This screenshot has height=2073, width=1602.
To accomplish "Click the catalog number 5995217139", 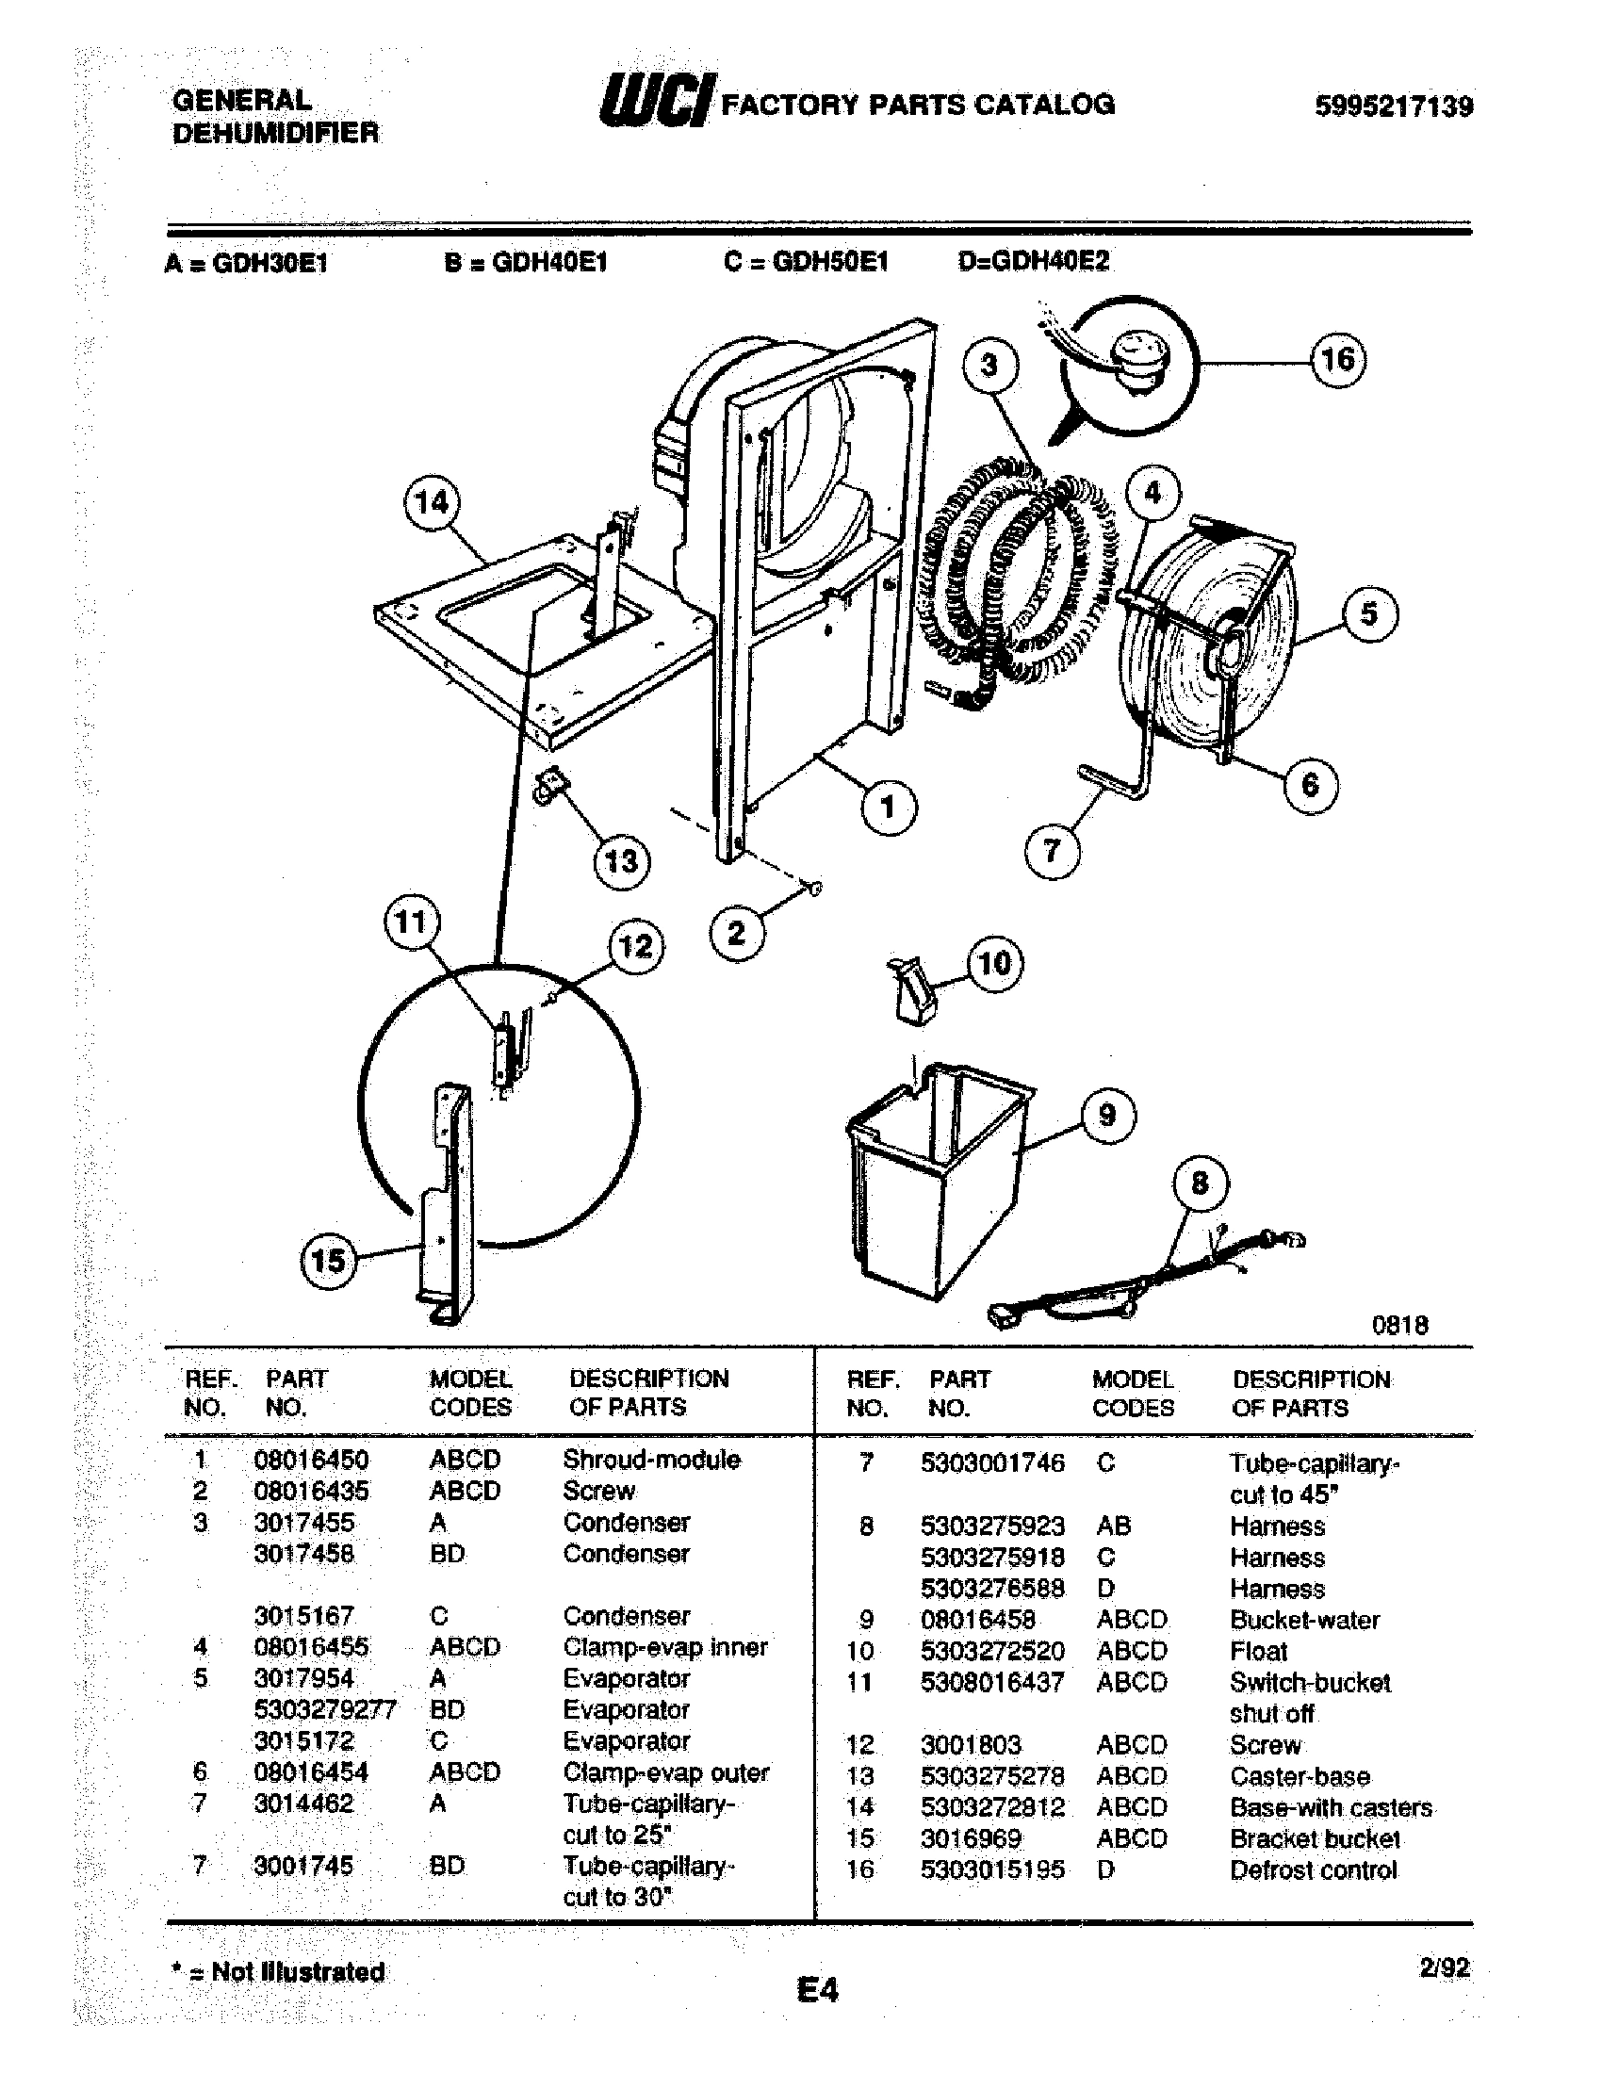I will pos(1393,106).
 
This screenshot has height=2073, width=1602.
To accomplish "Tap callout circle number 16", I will pos(1338,360).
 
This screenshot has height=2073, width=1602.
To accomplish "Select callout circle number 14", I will pos(432,501).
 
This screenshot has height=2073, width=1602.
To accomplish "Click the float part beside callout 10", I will pos(914,989).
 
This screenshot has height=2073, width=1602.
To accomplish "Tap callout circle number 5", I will pos(1368,613).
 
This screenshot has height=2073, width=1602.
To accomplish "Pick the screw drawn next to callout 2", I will pos(813,889).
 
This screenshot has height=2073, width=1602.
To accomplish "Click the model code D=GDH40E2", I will pos(1033,261).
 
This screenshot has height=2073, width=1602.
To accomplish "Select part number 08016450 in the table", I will pos(310,1460).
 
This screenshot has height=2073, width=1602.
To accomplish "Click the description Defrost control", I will pos(1313,1869).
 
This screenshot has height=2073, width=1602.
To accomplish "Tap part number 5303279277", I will pos(323,1709).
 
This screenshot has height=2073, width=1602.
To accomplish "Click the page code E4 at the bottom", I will pos(817,1989).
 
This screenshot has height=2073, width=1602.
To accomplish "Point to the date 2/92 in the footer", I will pos(1444,1968).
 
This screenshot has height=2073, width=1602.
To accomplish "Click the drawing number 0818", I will pos(1398,1325).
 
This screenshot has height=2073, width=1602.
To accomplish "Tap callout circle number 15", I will pos(328,1261).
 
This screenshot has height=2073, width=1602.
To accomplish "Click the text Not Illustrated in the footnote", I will pos(297,1971).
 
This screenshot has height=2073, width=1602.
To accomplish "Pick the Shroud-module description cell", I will pos(651,1460).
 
